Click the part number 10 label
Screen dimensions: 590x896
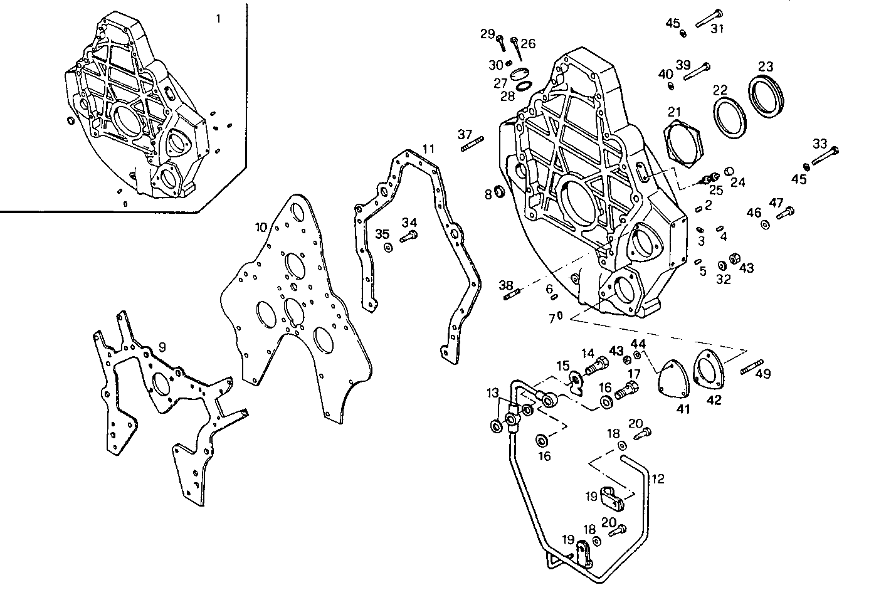click(x=261, y=226)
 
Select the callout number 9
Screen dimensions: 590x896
click(x=162, y=346)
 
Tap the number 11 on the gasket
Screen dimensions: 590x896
click(x=428, y=149)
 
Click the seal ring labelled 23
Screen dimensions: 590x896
click(x=767, y=96)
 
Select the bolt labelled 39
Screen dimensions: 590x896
click(x=696, y=71)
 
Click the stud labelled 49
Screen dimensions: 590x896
click(x=751, y=366)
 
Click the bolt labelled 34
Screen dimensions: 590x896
click(x=409, y=236)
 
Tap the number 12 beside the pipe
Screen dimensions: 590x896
click(x=657, y=479)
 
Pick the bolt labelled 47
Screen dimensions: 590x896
click(x=784, y=213)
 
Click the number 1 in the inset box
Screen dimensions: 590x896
click(x=218, y=18)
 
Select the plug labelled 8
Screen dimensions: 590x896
click(x=500, y=191)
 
